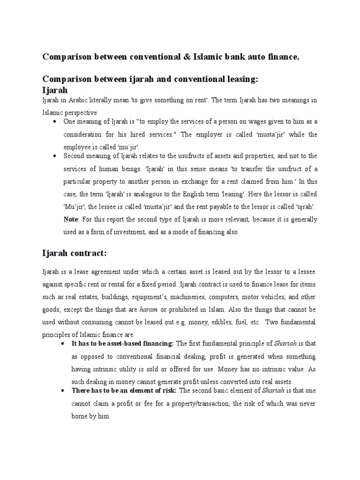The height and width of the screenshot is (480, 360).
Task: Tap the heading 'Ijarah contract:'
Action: click(x=75, y=254)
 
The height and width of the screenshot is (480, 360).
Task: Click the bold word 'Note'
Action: click(x=71, y=219)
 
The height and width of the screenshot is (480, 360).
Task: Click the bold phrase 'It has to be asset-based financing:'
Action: click(x=122, y=344)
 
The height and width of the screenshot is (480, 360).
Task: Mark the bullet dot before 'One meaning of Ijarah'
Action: click(x=55, y=121)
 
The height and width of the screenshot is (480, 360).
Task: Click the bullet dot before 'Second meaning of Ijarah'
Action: click(x=55, y=156)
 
